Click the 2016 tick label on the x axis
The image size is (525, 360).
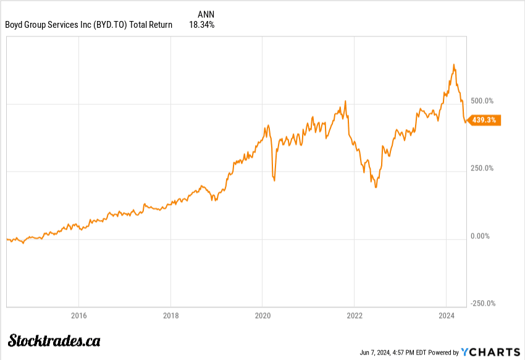pos(78,315)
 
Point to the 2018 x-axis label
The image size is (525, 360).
pos(170,315)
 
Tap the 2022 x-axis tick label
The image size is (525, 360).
pos(354,315)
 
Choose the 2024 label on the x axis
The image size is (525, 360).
pos(446,315)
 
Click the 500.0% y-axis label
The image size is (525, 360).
pos(482,101)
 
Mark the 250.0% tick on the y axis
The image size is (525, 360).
pos(482,168)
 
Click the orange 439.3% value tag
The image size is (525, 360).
pos(485,120)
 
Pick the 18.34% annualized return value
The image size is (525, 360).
pos(202,25)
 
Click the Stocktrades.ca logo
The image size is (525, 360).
pos(54,340)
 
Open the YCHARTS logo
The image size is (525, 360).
pos(490,352)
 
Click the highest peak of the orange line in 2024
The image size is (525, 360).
pos(453,64)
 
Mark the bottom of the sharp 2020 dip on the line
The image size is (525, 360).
pos(274,180)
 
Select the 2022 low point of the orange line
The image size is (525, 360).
pos(376,186)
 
